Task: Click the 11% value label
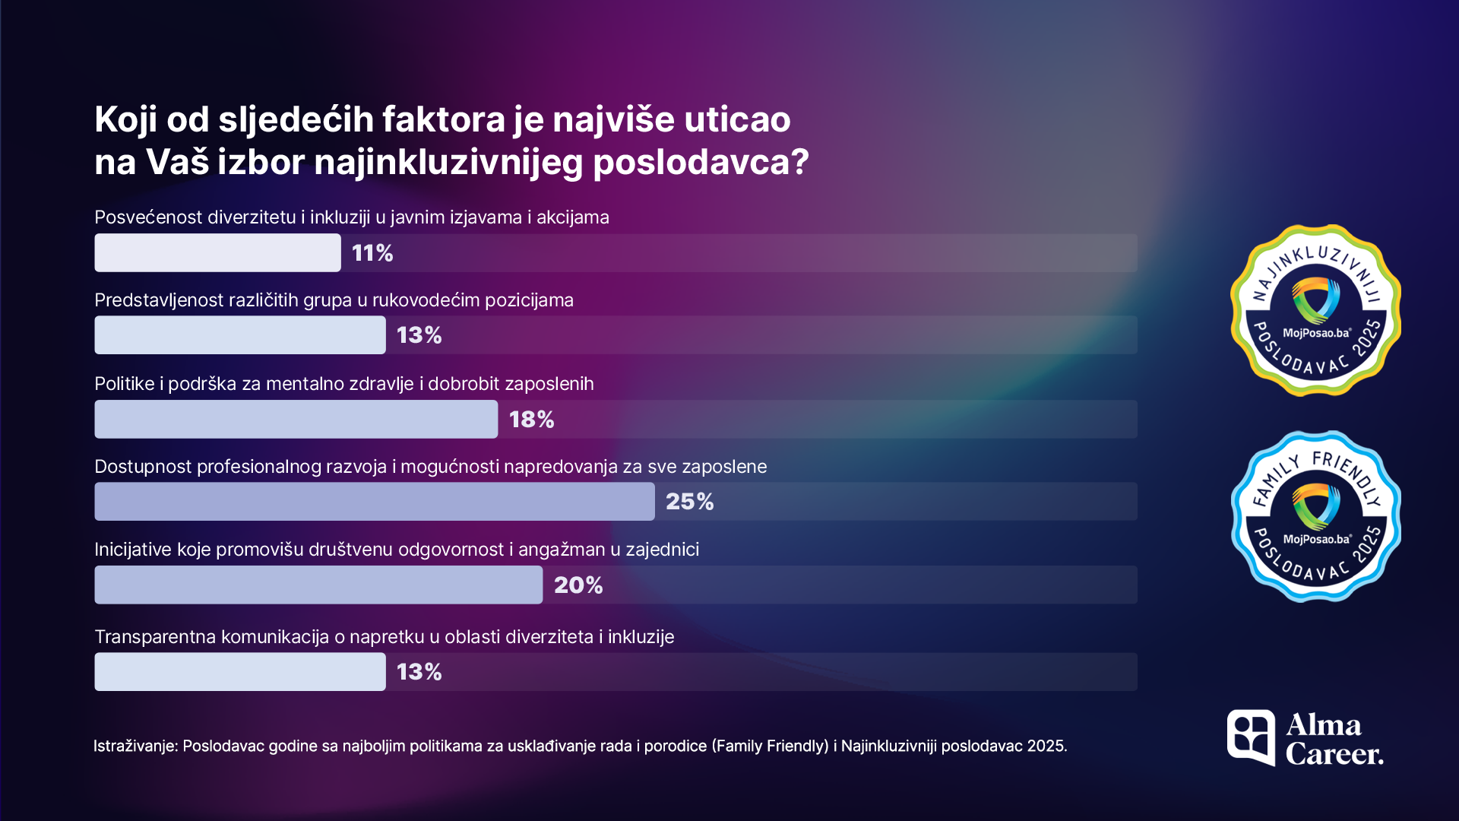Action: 372,253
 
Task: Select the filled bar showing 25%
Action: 374,502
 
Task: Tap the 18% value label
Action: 531,420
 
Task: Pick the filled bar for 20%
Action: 318,585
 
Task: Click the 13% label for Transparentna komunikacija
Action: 419,672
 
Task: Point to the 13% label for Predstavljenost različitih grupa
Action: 419,335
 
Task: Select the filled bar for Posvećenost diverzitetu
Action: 217,253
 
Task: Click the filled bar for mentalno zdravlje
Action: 296,420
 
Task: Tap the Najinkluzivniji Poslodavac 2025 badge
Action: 1315,310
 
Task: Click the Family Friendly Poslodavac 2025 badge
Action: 1315,517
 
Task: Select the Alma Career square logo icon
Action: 1251,737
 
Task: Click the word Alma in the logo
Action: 1323,725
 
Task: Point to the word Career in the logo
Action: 1334,754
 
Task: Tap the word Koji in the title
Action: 125,119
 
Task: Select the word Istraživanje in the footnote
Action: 135,746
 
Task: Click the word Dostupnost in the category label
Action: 143,467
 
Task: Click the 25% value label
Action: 689,502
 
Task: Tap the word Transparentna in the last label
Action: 156,637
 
